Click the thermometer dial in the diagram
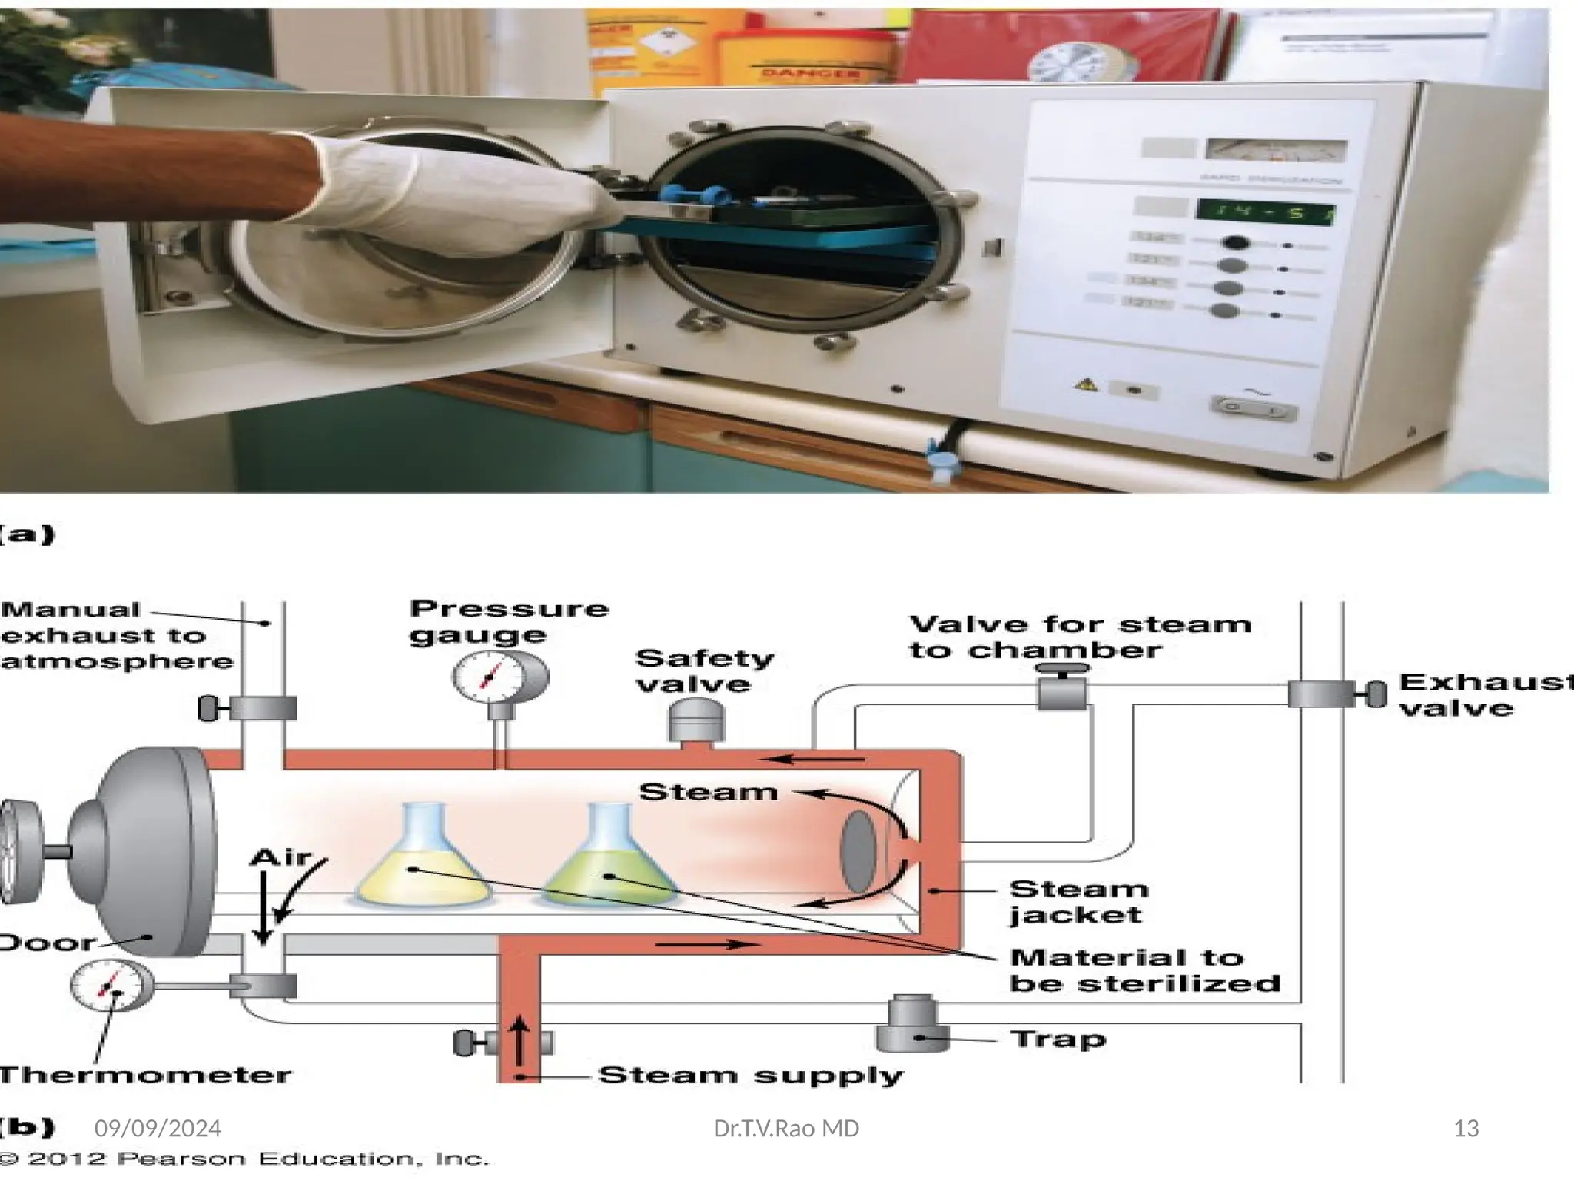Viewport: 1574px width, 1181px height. (109, 986)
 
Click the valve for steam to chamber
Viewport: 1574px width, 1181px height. (1062, 690)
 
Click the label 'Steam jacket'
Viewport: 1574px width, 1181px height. (1078, 902)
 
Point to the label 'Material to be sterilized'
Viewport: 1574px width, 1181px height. (1144, 970)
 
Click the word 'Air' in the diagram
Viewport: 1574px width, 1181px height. (281, 857)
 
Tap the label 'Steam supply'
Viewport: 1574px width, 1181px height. (750, 1075)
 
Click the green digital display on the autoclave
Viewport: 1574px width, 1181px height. (1265, 212)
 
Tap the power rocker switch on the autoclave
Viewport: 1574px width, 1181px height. (1253, 408)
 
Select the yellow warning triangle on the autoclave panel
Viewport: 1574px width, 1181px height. (1086, 384)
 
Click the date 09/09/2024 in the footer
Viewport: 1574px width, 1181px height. (158, 1129)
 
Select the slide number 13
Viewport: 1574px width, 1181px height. (1466, 1129)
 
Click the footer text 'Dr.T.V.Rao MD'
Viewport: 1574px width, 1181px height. (786, 1129)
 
